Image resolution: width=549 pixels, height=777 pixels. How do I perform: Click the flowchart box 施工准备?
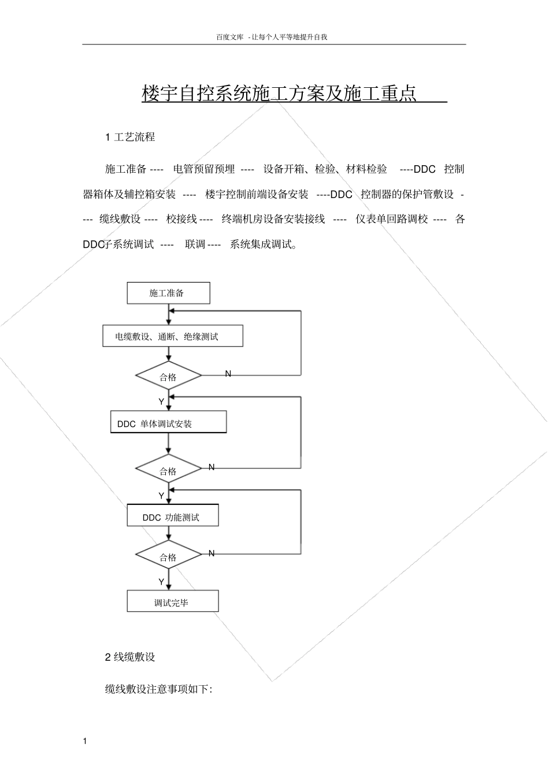[168, 293]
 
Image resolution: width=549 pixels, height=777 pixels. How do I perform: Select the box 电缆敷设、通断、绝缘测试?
[172, 336]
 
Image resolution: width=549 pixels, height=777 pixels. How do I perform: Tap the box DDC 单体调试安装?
[168, 422]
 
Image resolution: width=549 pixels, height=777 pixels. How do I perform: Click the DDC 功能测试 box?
[173, 516]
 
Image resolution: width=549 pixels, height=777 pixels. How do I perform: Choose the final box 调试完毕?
[173, 601]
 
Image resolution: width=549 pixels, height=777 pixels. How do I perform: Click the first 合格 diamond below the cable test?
[168, 376]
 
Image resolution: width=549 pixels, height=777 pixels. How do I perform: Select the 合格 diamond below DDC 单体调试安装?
[168, 470]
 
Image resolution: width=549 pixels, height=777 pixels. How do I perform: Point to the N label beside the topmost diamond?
[228, 374]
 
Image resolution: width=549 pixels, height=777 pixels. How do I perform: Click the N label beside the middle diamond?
[212, 467]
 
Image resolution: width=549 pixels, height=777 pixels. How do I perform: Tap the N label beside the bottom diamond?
[212, 553]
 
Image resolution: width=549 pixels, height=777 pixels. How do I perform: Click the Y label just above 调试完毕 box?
[161, 582]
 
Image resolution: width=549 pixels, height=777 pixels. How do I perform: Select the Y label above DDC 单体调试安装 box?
[161, 401]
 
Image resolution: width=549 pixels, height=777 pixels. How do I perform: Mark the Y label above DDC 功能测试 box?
[161, 496]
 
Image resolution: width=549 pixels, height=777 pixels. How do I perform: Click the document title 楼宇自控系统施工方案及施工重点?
[280, 94]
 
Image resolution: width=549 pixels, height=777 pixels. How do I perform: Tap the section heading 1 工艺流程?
[130, 137]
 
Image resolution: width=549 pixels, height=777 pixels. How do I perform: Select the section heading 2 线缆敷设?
[130, 657]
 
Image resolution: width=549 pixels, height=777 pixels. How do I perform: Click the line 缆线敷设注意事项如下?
[159, 689]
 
